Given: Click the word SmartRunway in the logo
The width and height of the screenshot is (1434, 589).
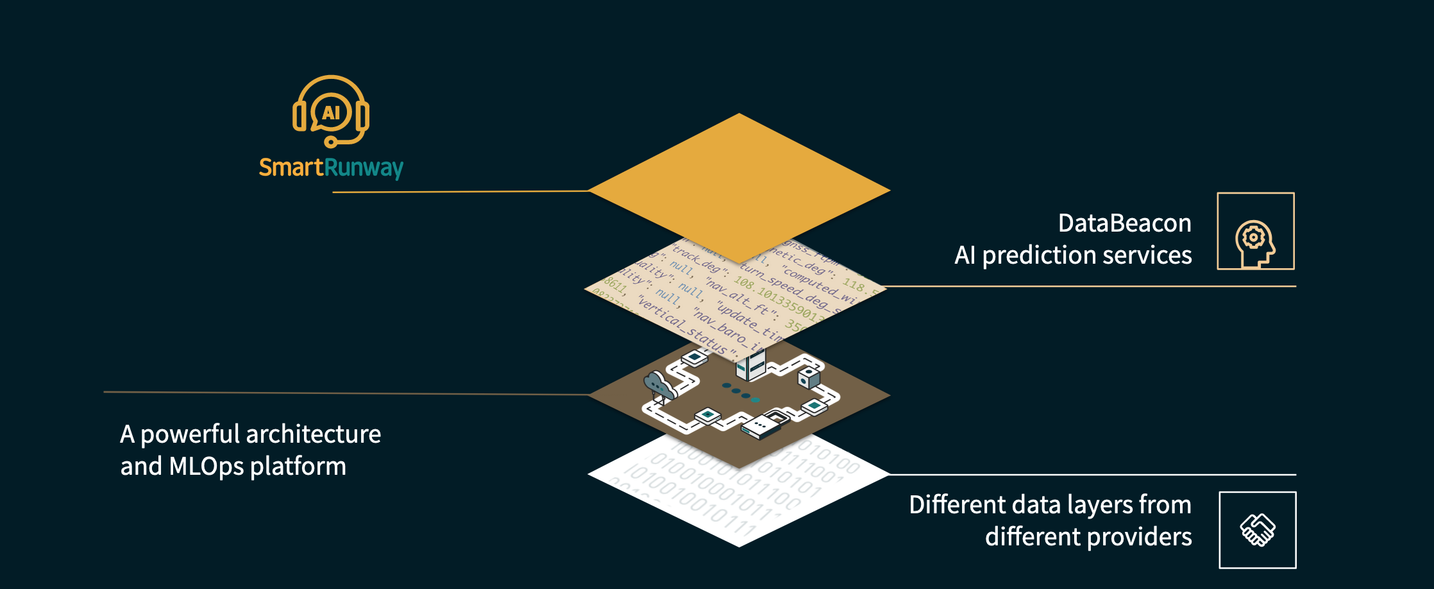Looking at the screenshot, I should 331,167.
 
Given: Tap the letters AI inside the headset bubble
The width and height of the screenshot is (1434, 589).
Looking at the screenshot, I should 331,113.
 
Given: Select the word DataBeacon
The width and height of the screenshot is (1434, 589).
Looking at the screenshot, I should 1124,223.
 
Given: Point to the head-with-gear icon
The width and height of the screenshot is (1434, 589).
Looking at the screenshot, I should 1255,243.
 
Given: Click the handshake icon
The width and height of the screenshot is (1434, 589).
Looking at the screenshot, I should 1258,530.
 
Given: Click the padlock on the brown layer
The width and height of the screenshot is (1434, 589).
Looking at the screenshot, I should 777,418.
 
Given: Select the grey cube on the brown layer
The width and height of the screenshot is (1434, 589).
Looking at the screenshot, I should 809,377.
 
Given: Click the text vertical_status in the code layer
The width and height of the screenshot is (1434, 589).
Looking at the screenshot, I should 682,327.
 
